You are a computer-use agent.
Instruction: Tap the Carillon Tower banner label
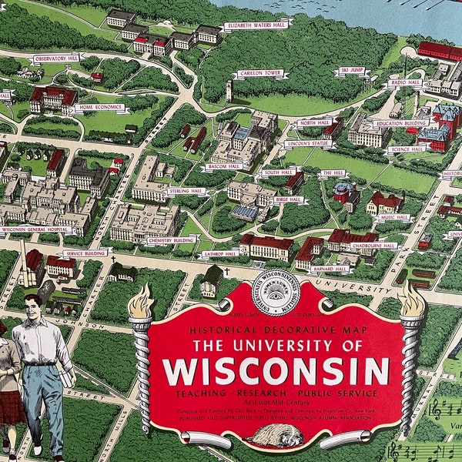coord(257,73)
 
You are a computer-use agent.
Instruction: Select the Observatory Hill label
coord(55,57)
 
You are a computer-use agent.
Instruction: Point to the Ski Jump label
coord(350,71)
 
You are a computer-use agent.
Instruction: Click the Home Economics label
coord(101,108)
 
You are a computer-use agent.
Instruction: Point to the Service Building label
coord(85,253)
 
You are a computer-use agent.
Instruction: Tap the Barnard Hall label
coord(331,269)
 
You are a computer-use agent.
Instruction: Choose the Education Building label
coord(400,122)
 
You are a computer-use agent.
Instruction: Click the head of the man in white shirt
coord(33,306)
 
